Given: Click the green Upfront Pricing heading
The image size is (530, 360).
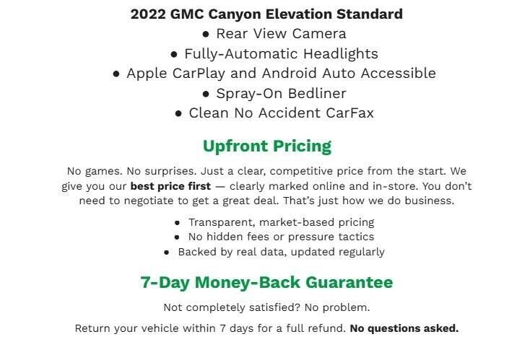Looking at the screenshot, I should click(x=266, y=146).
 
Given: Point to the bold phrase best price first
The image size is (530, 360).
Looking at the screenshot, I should click(x=170, y=185).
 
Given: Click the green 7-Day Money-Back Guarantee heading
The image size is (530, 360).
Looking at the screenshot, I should click(x=266, y=282).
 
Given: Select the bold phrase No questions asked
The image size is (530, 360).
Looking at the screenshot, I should click(x=404, y=328).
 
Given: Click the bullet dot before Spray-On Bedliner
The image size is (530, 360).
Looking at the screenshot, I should click(x=207, y=94).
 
